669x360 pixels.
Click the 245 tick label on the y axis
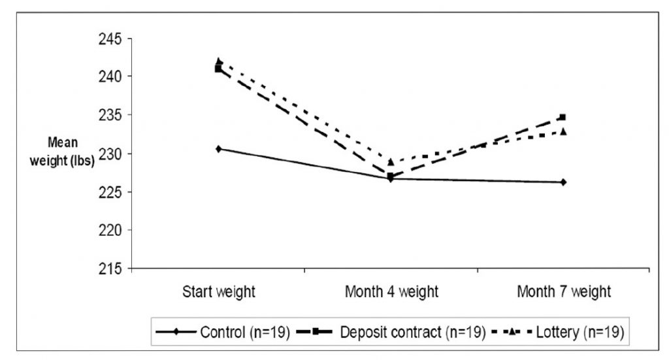[110, 39]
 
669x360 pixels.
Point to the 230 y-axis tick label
[110, 154]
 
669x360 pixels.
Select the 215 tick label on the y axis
[110, 269]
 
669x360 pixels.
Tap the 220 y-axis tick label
[110, 230]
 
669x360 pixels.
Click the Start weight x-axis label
[218, 292]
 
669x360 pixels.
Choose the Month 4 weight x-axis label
[391, 292]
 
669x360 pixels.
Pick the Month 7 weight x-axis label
[563, 292]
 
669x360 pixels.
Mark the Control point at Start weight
[218, 149]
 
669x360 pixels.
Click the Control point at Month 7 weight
[563, 182]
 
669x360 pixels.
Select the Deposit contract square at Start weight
[218, 69]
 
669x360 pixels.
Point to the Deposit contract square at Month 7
[562, 118]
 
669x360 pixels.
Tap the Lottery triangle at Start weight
[219, 61]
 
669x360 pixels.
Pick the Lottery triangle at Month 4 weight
[391, 162]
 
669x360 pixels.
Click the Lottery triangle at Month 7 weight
[563, 131]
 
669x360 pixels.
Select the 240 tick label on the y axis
[110, 76]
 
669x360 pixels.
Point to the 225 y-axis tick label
[110, 191]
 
